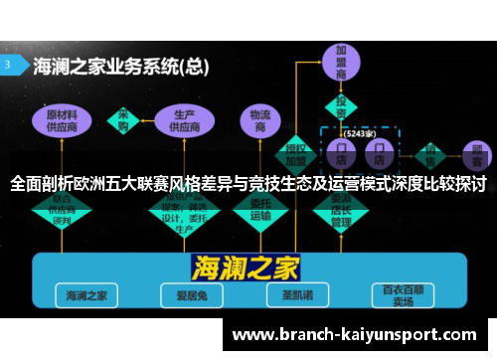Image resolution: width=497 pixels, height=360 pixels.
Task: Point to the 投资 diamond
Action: click(x=341, y=107)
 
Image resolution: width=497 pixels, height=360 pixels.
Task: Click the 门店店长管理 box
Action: click(x=341, y=208)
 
